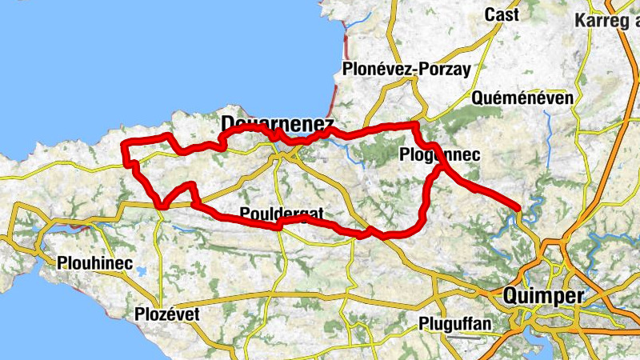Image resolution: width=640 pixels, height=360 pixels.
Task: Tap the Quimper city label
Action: point(544,296)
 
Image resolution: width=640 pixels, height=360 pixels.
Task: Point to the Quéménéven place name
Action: point(523,98)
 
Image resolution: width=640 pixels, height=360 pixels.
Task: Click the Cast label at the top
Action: point(502,14)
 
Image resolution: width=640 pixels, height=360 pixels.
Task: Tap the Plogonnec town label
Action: point(438,155)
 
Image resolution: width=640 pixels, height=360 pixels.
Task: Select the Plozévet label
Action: point(167,314)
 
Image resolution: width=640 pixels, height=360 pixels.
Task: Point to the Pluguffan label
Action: point(455,324)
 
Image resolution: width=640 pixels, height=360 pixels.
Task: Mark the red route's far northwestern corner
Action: point(123,144)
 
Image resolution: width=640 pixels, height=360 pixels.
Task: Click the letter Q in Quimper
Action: point(513,296)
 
